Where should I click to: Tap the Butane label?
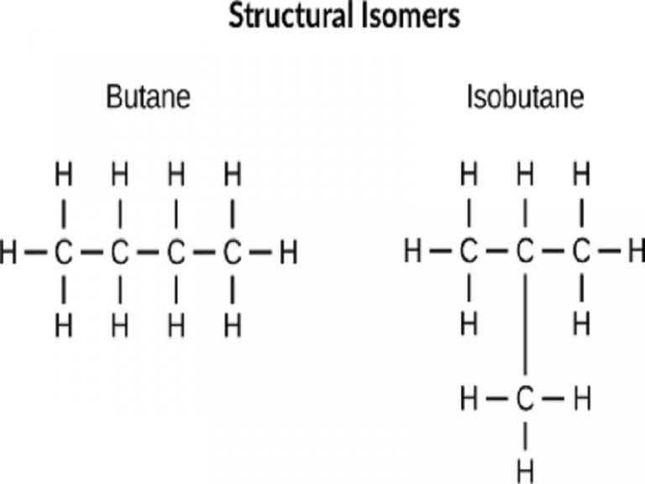[148, 97]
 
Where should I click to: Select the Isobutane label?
[525, 97]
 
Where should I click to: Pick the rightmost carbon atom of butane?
[233, 251]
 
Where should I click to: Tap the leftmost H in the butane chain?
[8, 251]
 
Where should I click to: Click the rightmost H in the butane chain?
[288, 251]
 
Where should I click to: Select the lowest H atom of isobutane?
[525, 467]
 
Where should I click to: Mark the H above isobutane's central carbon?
[525, 176]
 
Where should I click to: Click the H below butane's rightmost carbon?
[233, 323]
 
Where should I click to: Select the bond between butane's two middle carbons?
[147, 251]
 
